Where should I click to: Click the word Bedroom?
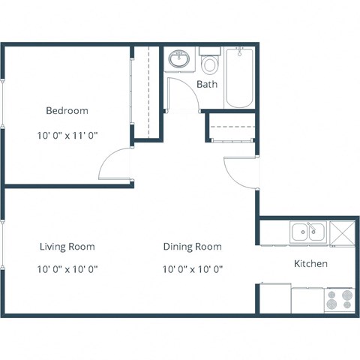(67, 111)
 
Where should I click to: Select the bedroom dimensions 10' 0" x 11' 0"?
(67, 136)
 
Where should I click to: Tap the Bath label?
(207, 84)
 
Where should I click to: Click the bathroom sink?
(179, 59)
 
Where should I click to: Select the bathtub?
(240, 78)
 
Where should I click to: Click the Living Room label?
(67, 246)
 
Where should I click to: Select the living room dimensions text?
(67, 269)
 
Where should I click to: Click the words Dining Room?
(193, 246)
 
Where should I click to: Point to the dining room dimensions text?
(193, 269)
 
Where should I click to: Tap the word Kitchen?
(310, 264)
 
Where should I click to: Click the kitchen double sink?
(307, 232)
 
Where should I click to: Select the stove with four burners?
(340, 299)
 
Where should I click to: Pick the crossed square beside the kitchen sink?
(340, 232)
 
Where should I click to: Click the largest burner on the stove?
(347, 295)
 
